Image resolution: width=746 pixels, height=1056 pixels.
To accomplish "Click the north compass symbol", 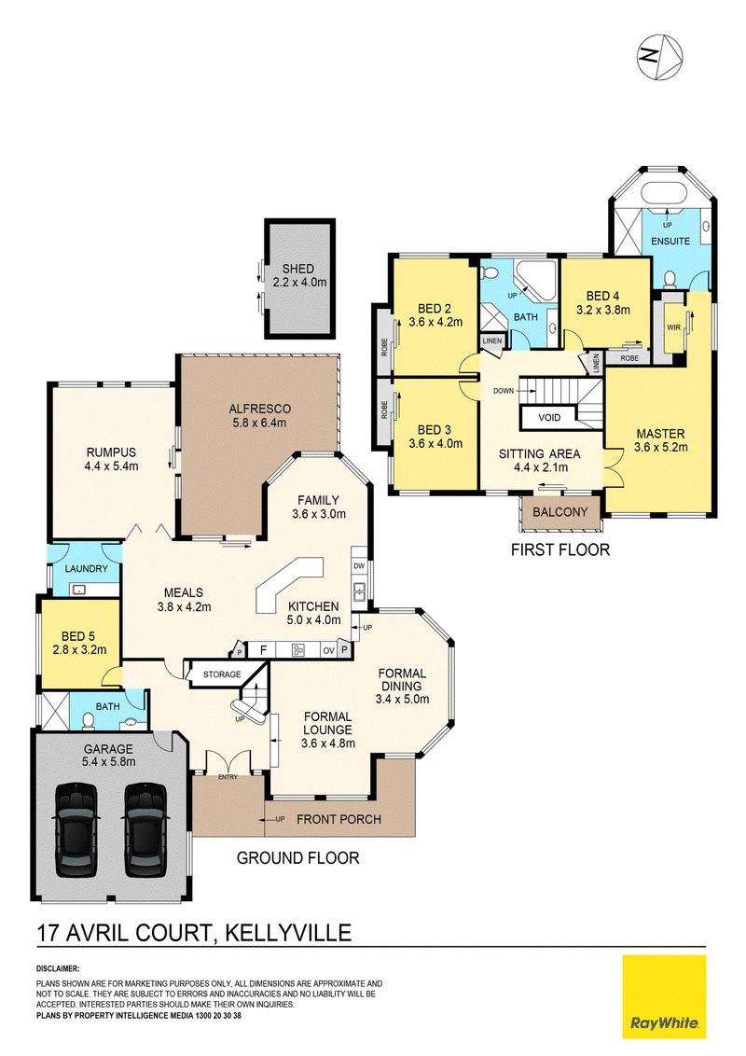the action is (x=660, y=57).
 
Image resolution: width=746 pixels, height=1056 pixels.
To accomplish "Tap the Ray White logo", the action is (x=664, y=996).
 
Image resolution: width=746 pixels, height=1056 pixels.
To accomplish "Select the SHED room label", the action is (x=297, y=269).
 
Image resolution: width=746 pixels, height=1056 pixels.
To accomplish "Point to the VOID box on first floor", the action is (x=549, y=418).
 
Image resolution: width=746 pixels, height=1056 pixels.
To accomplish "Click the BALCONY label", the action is (x=560, y=512).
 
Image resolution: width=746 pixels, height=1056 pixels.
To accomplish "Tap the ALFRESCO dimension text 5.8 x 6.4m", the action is (x=259, y=423).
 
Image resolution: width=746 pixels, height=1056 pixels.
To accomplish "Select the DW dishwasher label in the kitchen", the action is (x=359, y=566).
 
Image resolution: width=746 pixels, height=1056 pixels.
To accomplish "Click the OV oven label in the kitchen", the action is (x=328, y=650).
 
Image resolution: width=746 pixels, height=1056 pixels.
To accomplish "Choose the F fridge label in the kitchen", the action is (x=264, y=650).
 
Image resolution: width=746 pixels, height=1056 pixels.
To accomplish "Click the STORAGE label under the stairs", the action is (x=222, y=674).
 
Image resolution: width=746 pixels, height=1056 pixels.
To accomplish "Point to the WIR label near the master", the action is (x=673, y=328).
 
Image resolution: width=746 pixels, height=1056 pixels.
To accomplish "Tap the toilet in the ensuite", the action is (x=670, y=279).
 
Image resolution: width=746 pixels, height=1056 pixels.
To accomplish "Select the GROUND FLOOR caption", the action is (x=297, y=858).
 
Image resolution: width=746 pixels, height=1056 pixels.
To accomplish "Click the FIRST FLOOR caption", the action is (x=560, y=550).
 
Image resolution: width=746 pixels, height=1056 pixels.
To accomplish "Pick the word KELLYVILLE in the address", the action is (x=288, y=934).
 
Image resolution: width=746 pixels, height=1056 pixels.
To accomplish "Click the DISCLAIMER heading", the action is (x=58, y=969).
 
